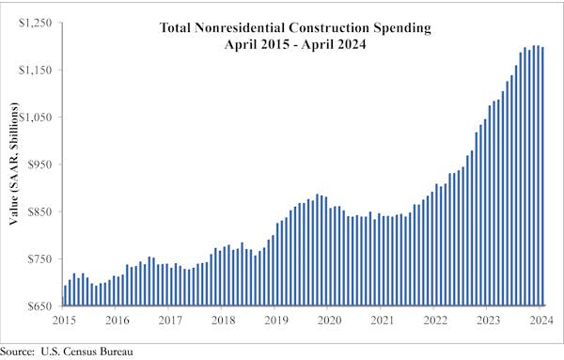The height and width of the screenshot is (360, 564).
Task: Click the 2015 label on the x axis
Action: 64,320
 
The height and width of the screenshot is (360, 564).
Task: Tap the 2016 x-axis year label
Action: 117,320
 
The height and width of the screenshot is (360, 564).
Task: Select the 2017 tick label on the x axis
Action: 169,320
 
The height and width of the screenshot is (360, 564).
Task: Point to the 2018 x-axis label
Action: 223,320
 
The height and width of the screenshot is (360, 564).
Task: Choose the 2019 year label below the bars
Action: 275,320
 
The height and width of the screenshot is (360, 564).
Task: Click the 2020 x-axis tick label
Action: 329,320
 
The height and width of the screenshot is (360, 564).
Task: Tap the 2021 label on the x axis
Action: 382,320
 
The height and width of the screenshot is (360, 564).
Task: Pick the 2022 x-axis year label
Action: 435,320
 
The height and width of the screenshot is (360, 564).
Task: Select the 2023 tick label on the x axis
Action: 488,320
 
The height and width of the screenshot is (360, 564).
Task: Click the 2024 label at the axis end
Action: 540,320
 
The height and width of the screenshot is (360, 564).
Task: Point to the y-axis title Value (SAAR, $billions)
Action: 15,165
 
